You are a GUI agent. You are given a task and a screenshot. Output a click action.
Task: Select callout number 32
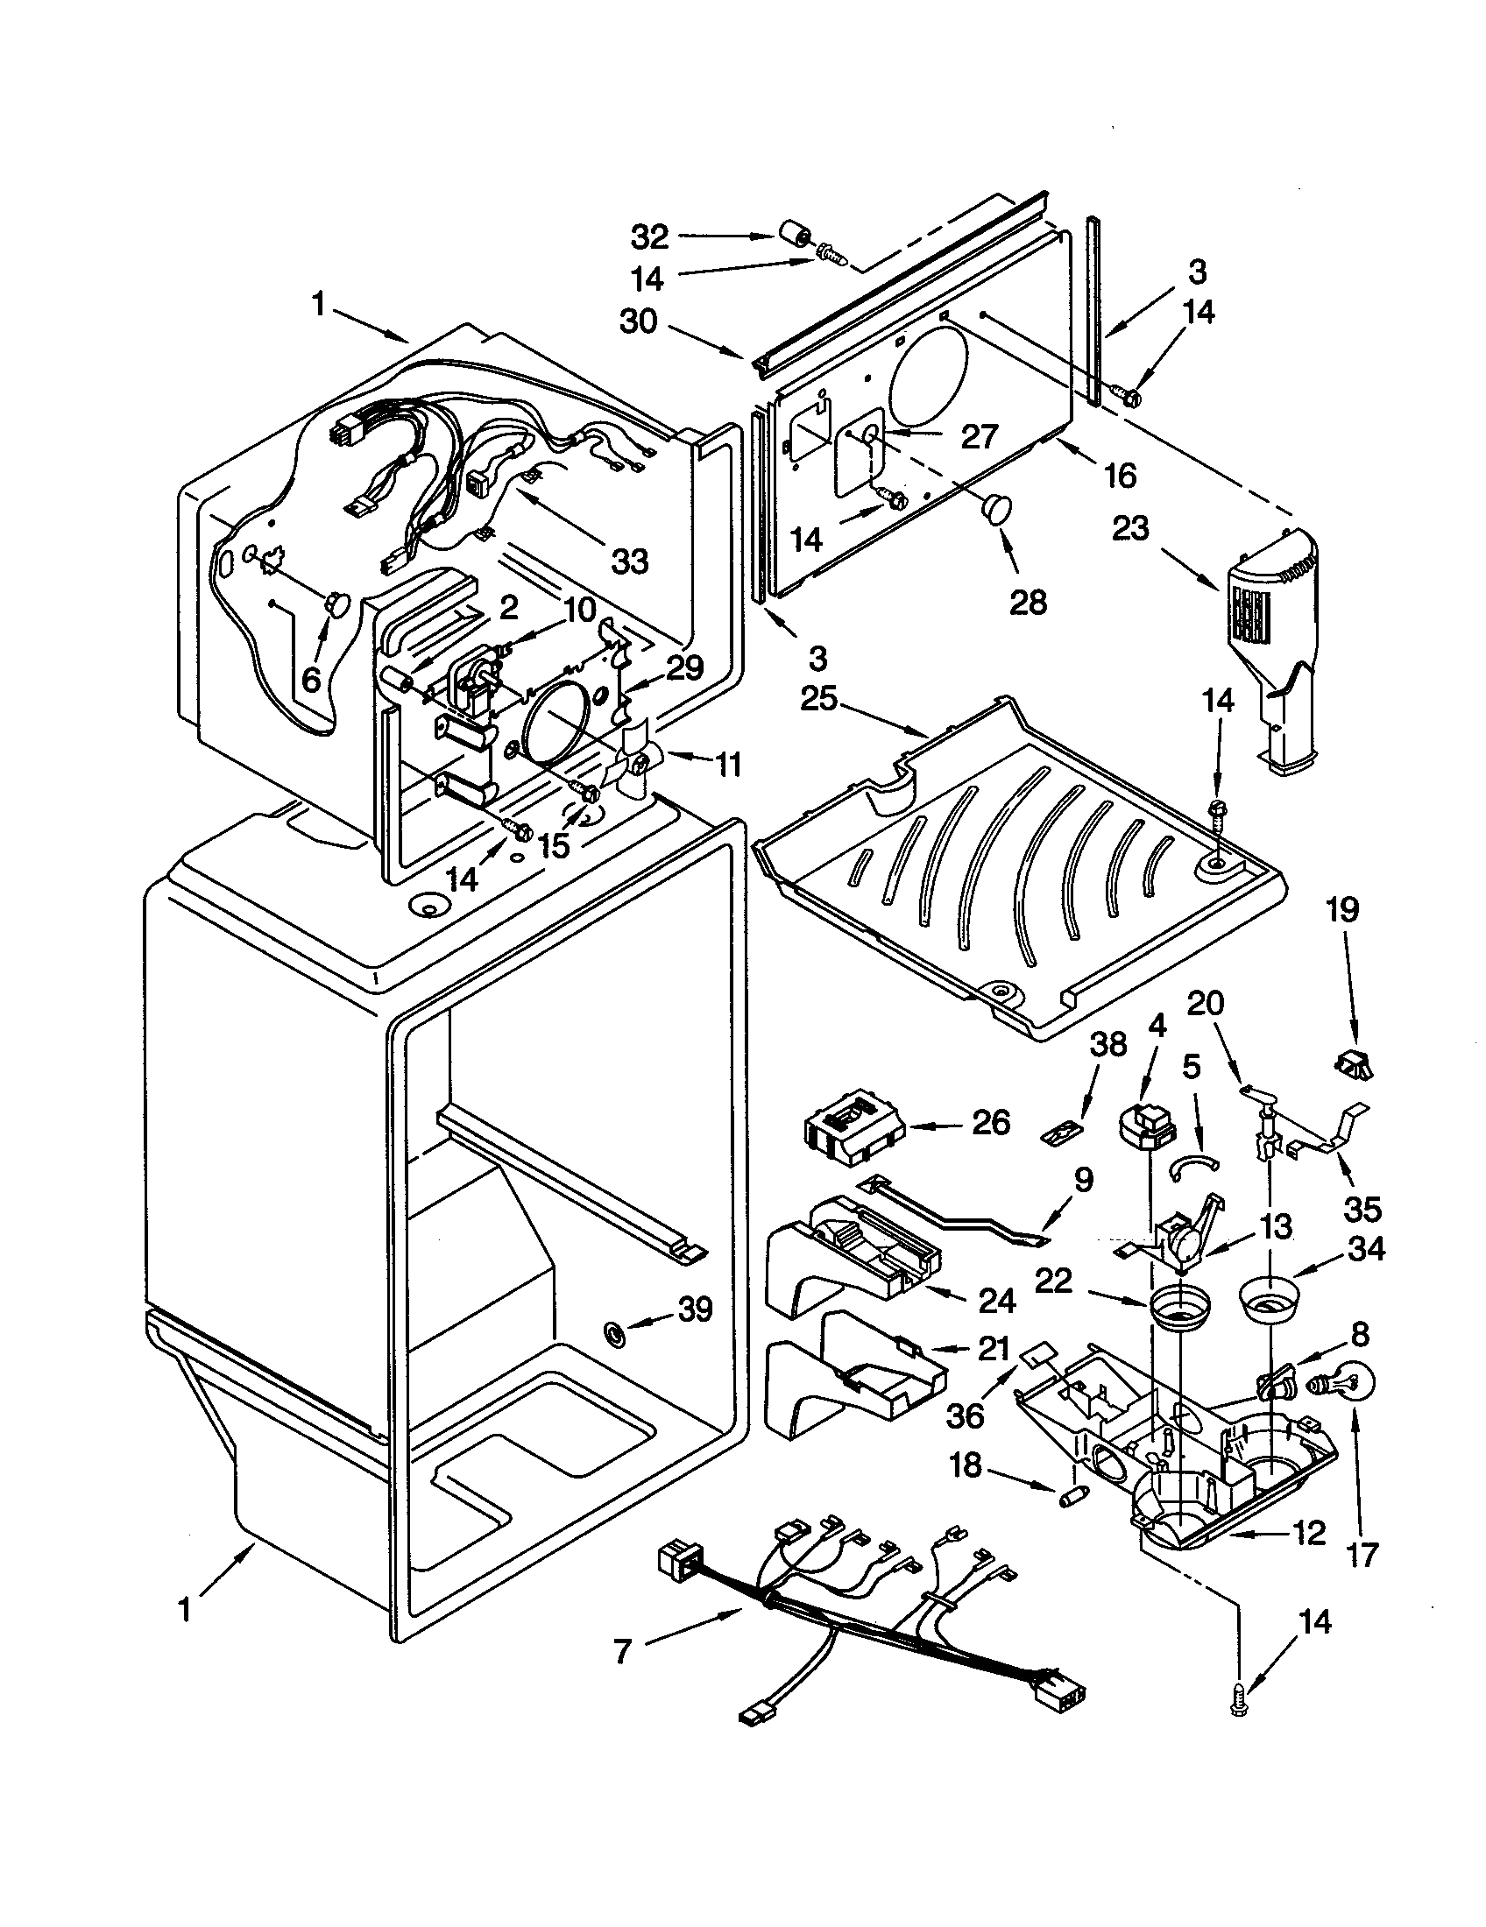(x=649, y=236)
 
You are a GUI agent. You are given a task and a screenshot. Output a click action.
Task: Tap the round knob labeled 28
(x=998, y=508)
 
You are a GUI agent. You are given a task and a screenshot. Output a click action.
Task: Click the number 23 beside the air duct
(x=1130, y=528)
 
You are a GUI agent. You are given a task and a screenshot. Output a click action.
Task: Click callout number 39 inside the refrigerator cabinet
(x=694, y=1309)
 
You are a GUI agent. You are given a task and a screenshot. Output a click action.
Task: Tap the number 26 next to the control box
(x=990, y=1122)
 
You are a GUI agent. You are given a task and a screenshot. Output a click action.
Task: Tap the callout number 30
(x=637, y=321)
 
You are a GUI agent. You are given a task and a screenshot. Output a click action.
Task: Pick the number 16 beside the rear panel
(x=1120, y=476)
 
